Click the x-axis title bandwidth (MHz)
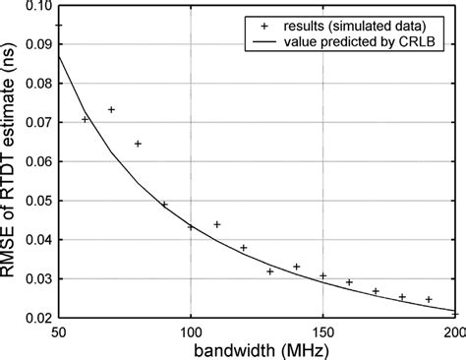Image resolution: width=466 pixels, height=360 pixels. pos(258,347)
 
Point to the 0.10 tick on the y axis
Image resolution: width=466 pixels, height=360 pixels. pos(32,6)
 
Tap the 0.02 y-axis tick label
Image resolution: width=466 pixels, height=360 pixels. pos(32,316)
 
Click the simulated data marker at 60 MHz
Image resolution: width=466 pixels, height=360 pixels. pos(85,119)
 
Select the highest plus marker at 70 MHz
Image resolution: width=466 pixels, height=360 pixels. pos(111,109)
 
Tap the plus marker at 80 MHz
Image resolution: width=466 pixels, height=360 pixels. pos(138,144)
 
